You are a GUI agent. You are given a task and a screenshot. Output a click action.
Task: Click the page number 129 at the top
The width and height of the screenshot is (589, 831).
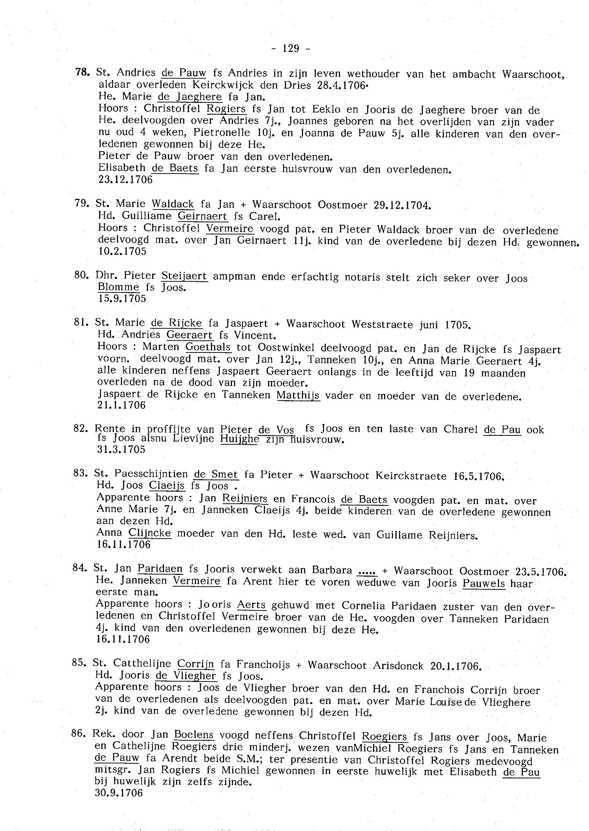click(291, 48)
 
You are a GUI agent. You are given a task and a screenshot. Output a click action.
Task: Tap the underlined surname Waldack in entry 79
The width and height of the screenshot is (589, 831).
click(173, 204)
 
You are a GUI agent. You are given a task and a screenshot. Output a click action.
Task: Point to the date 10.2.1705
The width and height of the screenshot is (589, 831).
click(122, 252)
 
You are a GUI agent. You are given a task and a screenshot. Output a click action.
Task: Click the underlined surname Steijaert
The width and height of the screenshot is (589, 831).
click(184, 276)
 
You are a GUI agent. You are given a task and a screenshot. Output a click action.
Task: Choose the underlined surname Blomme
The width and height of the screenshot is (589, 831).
click(118, 287)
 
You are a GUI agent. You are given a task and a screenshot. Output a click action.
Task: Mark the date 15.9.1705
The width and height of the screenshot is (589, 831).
click(122, 298)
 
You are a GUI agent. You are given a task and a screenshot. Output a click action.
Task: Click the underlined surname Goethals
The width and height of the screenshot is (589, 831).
click(208, 347)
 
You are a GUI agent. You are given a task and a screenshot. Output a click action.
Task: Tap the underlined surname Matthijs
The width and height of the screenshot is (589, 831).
click(298, 395)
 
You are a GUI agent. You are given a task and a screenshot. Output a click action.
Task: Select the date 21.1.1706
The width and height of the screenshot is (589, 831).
click(121, 405)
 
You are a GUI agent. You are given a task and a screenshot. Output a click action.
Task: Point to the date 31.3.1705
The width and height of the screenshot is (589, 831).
click(121, 450)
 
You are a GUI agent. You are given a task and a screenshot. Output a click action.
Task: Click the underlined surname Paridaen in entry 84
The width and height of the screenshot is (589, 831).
click(160, 568)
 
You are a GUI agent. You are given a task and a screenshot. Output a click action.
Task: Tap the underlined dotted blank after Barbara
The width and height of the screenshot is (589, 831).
click(367, 571)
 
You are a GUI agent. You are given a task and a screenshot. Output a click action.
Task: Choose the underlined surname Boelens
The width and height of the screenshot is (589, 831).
click(194, 735)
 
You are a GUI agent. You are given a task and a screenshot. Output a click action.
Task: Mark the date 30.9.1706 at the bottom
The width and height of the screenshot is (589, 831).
click(119, 793)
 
